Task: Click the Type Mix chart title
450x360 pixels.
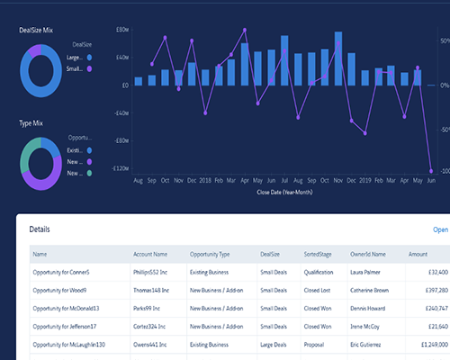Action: [32, 122]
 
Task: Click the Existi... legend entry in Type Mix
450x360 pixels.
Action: [76, 149]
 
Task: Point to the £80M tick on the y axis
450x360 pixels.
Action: [122, 30]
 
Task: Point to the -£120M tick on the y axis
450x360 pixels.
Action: [120, 168]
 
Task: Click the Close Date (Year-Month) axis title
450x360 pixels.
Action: [284, 192]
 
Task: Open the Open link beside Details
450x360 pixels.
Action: [440, 229]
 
